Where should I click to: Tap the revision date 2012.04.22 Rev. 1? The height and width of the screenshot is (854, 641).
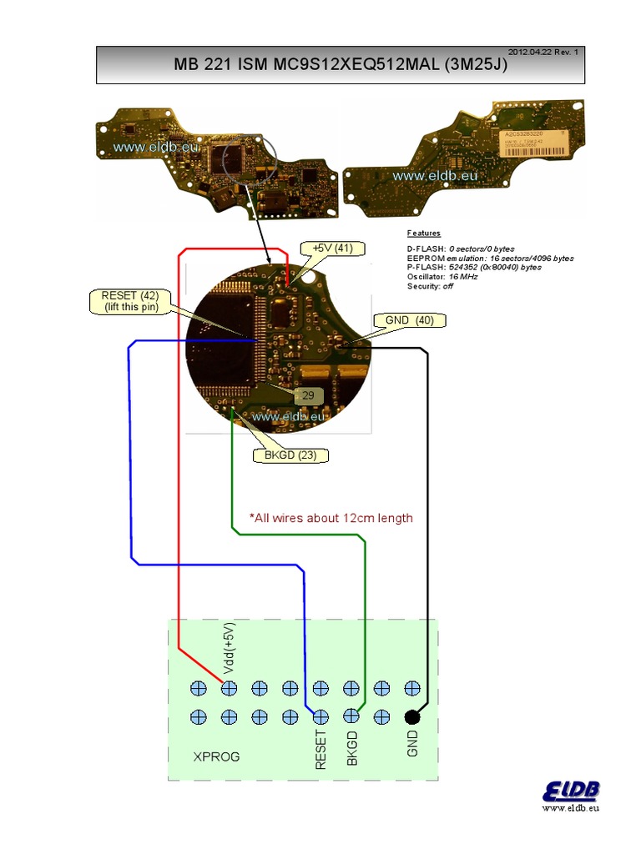[x=548, y=52]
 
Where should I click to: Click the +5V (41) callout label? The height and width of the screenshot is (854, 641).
[x=332, y=249]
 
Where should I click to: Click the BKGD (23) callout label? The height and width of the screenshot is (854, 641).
[x=290, y=455]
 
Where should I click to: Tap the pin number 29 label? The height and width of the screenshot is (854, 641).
[x=307, y=395]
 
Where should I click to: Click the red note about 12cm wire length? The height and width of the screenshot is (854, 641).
[x=331, y=518]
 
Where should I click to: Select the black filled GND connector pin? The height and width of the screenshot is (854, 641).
[x=411, y=716]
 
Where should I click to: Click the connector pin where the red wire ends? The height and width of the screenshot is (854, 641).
[x=229, y=688]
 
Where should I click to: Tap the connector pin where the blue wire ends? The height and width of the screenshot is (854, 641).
[x=320, y=716]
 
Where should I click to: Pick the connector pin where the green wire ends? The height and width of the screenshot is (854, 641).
[x=351, y=716]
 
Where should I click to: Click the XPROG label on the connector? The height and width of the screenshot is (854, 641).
[x=216, y=757]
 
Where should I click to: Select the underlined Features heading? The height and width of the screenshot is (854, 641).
[x=424, y=234]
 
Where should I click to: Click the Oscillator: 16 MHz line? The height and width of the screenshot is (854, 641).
[x=442, y=277]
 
